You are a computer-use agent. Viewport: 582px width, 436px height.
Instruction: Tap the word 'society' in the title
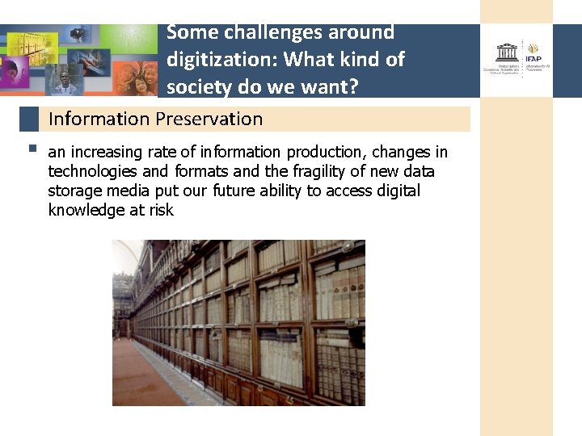pyautogui.click(x=197, y=86)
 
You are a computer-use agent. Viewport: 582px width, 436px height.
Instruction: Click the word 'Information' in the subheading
pyautogui.click(x=99, y=119)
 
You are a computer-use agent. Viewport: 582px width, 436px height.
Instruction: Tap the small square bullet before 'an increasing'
pyautogui.click(x=31, y=149)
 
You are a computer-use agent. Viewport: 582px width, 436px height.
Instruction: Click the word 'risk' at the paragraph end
pyautogui.click(x=161, y=211)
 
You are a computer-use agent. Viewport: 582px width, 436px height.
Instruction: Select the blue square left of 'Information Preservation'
pyautogui.click(x=29, y=119)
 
